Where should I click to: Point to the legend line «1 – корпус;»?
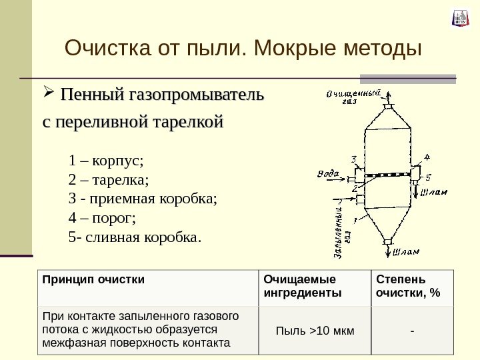106,161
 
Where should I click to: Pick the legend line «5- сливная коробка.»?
134,236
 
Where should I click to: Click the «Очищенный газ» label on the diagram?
353,97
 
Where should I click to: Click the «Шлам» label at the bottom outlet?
406,252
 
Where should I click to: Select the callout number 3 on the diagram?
353,160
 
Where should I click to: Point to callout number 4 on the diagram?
427,157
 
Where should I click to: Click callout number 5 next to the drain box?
429,178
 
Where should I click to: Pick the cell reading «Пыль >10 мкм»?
315,331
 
